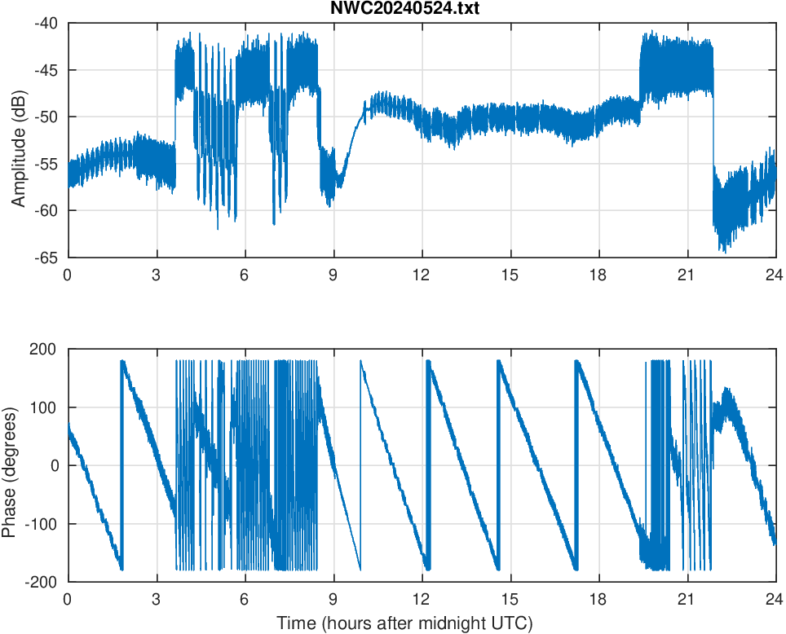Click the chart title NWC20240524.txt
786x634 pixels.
pyautogui.click(x=422, y=9)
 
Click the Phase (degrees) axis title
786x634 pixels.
pyautogui.click(x=10, y=465)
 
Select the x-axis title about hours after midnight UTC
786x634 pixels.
pyautogui.click(x=404, y=623)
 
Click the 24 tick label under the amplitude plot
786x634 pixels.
pyautogui.click(x=775, y=275)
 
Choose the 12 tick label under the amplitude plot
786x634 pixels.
pyautogui.click(x=422, y=275)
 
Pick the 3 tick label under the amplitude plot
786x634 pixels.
pyautogui.click(x=156, y=275)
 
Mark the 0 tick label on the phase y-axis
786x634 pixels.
pyautogui.click(x=55, y=465)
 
